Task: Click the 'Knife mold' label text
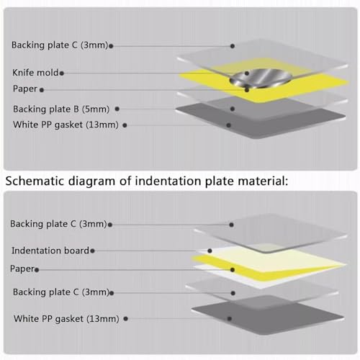(x=35, y=72)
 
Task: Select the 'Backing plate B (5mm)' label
(x=61, y=109)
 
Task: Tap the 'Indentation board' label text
(x=50, y=251)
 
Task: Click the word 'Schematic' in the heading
(x=35, y=181)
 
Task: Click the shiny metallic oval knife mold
(x=261, y=78)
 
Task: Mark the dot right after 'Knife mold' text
(x=62, y=73)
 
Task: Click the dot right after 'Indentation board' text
(x=92, y=251)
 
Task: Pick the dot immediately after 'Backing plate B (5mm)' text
(x=117, y=109)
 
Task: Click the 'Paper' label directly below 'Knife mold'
(x=25, y=89)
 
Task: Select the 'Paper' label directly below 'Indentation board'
(x=22, y=269)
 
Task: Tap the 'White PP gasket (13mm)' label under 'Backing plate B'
(x=66, y=125)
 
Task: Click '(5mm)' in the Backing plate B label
(x=96, y=109)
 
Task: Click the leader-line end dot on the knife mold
(x=247, y=73)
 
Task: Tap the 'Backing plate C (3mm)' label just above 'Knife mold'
(x=60, y=45)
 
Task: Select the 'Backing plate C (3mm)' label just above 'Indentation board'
(x=58, y=224)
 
